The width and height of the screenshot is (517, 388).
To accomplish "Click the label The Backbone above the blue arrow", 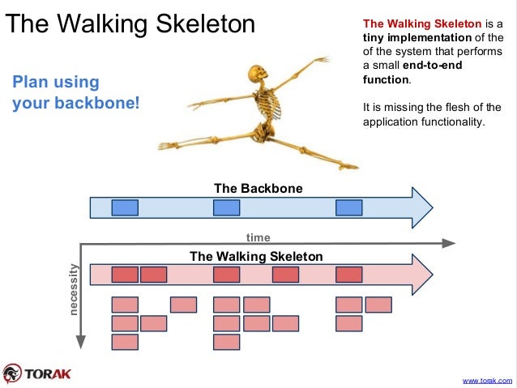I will click(x=258, y=189).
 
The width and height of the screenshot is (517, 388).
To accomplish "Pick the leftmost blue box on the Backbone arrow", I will click(x=125, y=207).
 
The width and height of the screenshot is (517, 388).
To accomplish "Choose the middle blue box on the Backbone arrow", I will click(x=226, y=207).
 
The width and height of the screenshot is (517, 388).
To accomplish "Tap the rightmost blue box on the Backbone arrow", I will click(x=348, y=207).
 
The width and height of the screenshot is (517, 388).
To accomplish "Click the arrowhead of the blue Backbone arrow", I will click(x=422, y=208).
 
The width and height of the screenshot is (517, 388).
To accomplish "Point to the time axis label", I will click(x=258, y=237).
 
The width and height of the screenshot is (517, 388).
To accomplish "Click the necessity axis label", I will click(x=74, y=289).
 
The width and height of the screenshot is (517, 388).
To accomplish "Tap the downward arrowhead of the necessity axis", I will click(x=80, y=344).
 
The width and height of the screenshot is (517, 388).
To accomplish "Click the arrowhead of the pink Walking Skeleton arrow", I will click(x=422, y=275).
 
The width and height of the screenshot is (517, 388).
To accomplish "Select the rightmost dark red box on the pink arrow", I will click(x=348, y=275).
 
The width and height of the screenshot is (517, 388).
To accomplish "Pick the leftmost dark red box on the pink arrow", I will click(x=125, y=275).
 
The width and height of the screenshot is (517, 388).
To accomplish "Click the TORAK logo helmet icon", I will click(x=12, y=373).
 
